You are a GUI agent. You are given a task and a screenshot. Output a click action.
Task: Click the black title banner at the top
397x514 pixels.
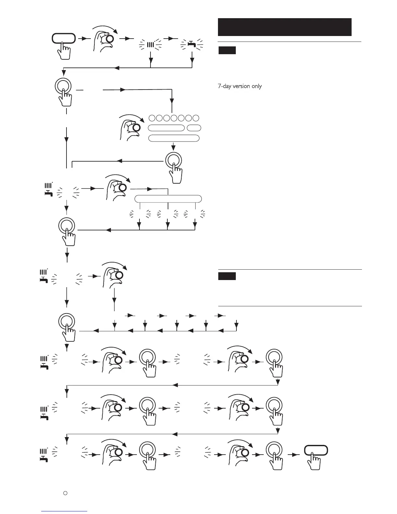point(284,27)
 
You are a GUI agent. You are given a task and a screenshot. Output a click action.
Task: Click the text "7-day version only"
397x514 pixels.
point(239,86)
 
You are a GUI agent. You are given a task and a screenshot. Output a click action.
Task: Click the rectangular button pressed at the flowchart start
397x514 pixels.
point(64,39)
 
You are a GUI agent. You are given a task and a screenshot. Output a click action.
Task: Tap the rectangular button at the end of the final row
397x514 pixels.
point(316,450)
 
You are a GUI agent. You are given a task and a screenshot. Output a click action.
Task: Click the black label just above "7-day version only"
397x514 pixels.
point(227,50)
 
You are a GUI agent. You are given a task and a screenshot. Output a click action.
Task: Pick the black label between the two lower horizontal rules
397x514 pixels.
point(227,276)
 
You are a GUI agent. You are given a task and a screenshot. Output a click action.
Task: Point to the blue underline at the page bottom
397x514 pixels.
point(64,511)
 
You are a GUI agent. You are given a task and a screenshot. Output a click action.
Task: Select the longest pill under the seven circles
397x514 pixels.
point(174,138)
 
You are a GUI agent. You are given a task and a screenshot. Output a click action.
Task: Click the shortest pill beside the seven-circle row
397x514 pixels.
point(194,128)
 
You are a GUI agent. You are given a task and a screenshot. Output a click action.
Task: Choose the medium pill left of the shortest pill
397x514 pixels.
point(166,128)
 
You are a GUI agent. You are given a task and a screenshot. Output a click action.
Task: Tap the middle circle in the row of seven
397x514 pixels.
point(174,118)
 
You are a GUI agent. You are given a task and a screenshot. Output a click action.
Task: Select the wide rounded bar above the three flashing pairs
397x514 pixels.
point(168,199)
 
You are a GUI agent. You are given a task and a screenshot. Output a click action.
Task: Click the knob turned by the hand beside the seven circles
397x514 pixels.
point(136,128)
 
